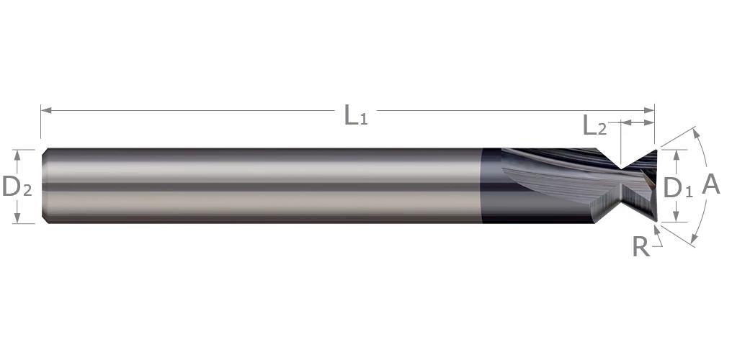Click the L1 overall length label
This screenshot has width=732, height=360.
pos(356,115)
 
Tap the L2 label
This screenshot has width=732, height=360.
pos(595,125)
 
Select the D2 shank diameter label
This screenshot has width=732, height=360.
pos(17,186)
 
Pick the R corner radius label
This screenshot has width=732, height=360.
pos(641,247)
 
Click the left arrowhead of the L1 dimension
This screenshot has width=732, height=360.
pos(46,110)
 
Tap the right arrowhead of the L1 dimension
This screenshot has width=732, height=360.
pos(649,110)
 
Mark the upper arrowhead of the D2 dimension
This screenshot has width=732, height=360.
pos(17,155)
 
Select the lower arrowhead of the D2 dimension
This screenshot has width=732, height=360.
pos(17,217)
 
